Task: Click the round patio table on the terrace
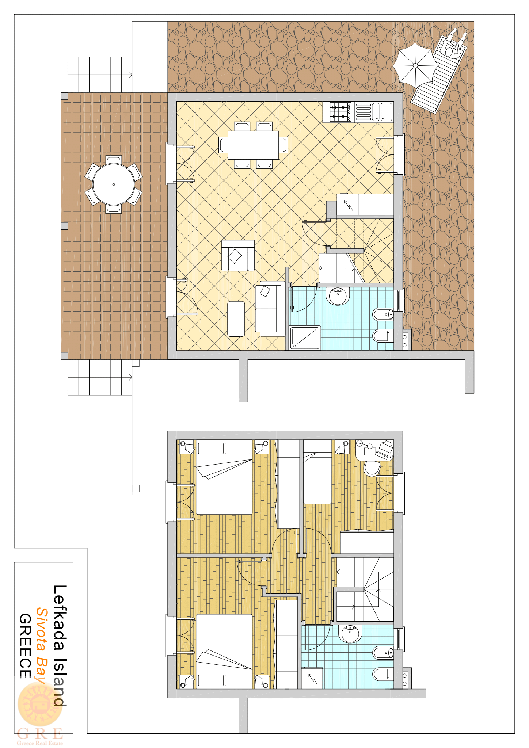tap(114, 184)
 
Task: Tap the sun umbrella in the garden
tap(415, 66)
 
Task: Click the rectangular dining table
tap(253, 145)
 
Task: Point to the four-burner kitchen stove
tap(340, 112)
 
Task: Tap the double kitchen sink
tap(382, 112)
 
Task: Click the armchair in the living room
tap(238, 256)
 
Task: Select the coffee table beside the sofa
tap(236, 318)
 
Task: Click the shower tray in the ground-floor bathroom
tap(305, 338)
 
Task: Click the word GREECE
tap(25, 646)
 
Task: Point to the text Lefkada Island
tap(60, 646)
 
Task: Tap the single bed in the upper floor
tap(317, 472)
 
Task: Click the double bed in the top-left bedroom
tap(224, 477)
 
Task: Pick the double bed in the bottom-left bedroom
tap(224, 651)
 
